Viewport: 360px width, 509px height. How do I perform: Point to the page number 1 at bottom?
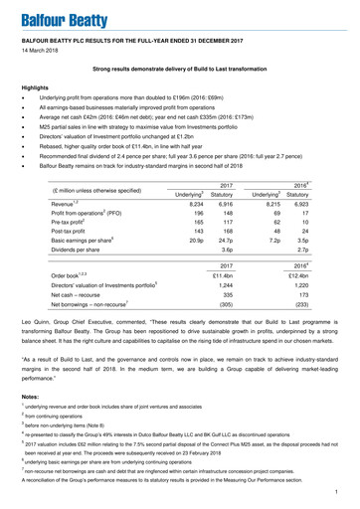[338, 492]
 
